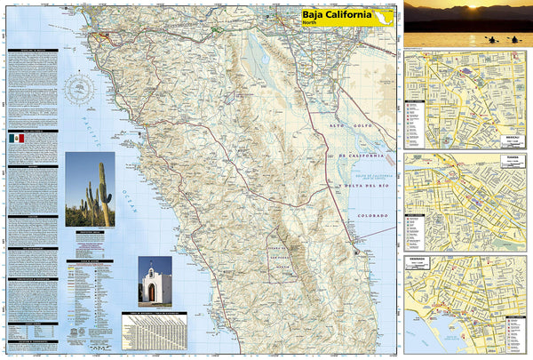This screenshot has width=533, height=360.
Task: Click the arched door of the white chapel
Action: pos(154,292)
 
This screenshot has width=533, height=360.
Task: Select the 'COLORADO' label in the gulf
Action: pos(370,216)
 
